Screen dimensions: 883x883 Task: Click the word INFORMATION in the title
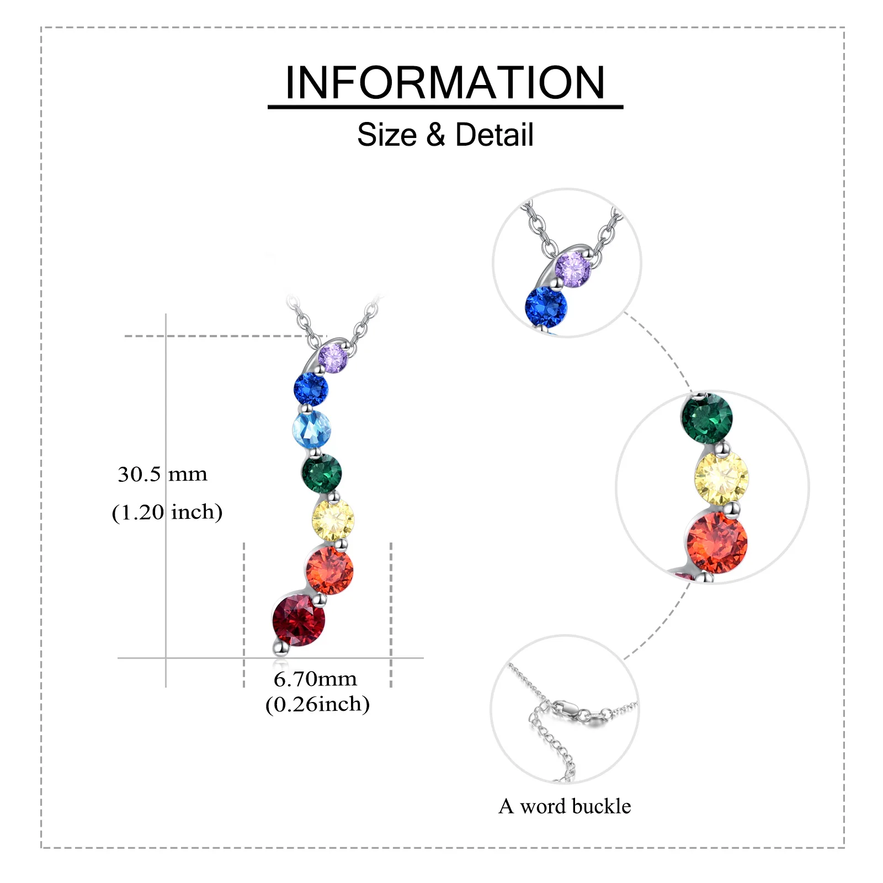(x=445, y=83)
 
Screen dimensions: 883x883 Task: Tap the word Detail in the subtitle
(x=494, y=135)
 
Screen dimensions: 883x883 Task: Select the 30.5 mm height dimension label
(x=162, y=475)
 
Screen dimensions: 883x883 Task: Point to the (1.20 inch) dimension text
(x=167, y=512)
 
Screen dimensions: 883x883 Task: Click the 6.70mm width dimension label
(x=315, y=679)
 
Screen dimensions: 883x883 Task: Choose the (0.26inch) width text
(x=317, y=704)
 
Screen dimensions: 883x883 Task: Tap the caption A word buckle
(x=565, y=806)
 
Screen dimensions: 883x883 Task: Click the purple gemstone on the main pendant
(x=333, y=358)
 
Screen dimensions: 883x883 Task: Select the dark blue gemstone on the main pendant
(x=311, y=389)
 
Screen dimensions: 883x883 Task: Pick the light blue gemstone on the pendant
(x=311, y=429)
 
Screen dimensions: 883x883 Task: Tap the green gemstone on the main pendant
(x=322, y=473)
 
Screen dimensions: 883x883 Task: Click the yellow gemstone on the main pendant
(x=333, y=519)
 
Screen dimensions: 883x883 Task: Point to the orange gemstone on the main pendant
(x=329, y=570)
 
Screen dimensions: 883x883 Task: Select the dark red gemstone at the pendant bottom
(x=299, y=620)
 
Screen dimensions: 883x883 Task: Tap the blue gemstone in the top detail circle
(x=546, y=307)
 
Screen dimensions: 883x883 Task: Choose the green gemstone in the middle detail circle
(x=707, y=418)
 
